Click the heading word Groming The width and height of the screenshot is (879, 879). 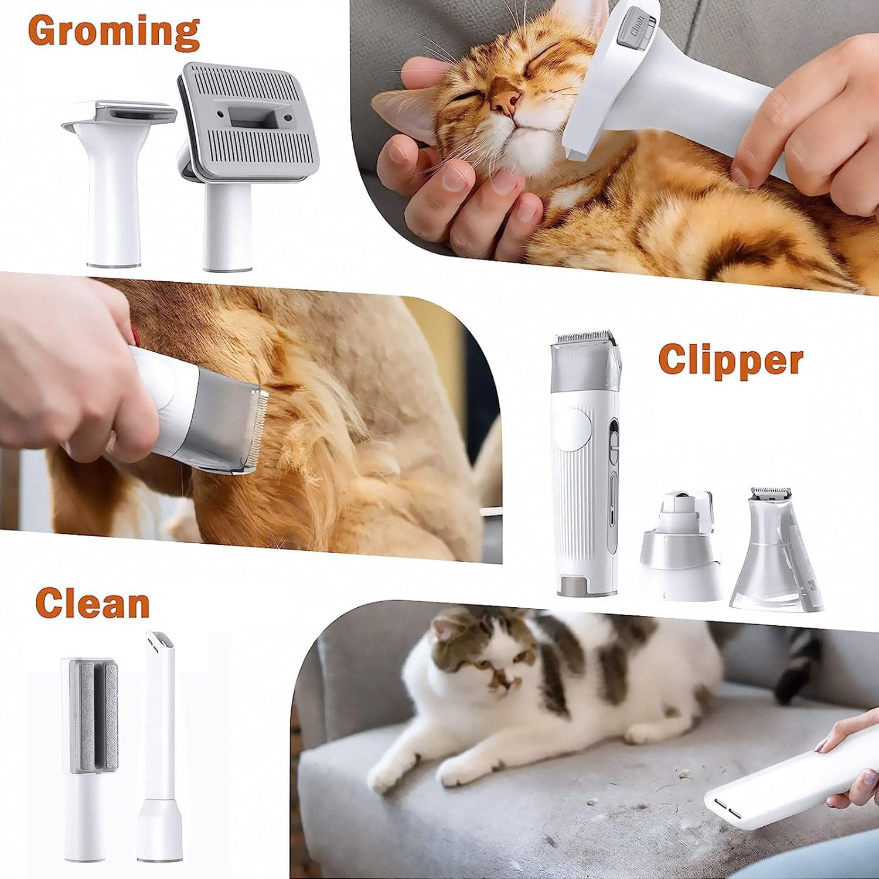pyautogui.click(x=114, y=32)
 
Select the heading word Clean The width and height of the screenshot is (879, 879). pyautogui.click(x=93, y=603)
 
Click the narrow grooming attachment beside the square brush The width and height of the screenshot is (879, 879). pyautogui.click(x=117, y=182)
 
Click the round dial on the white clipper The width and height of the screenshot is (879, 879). pyautogui.click(x=573, y=431)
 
